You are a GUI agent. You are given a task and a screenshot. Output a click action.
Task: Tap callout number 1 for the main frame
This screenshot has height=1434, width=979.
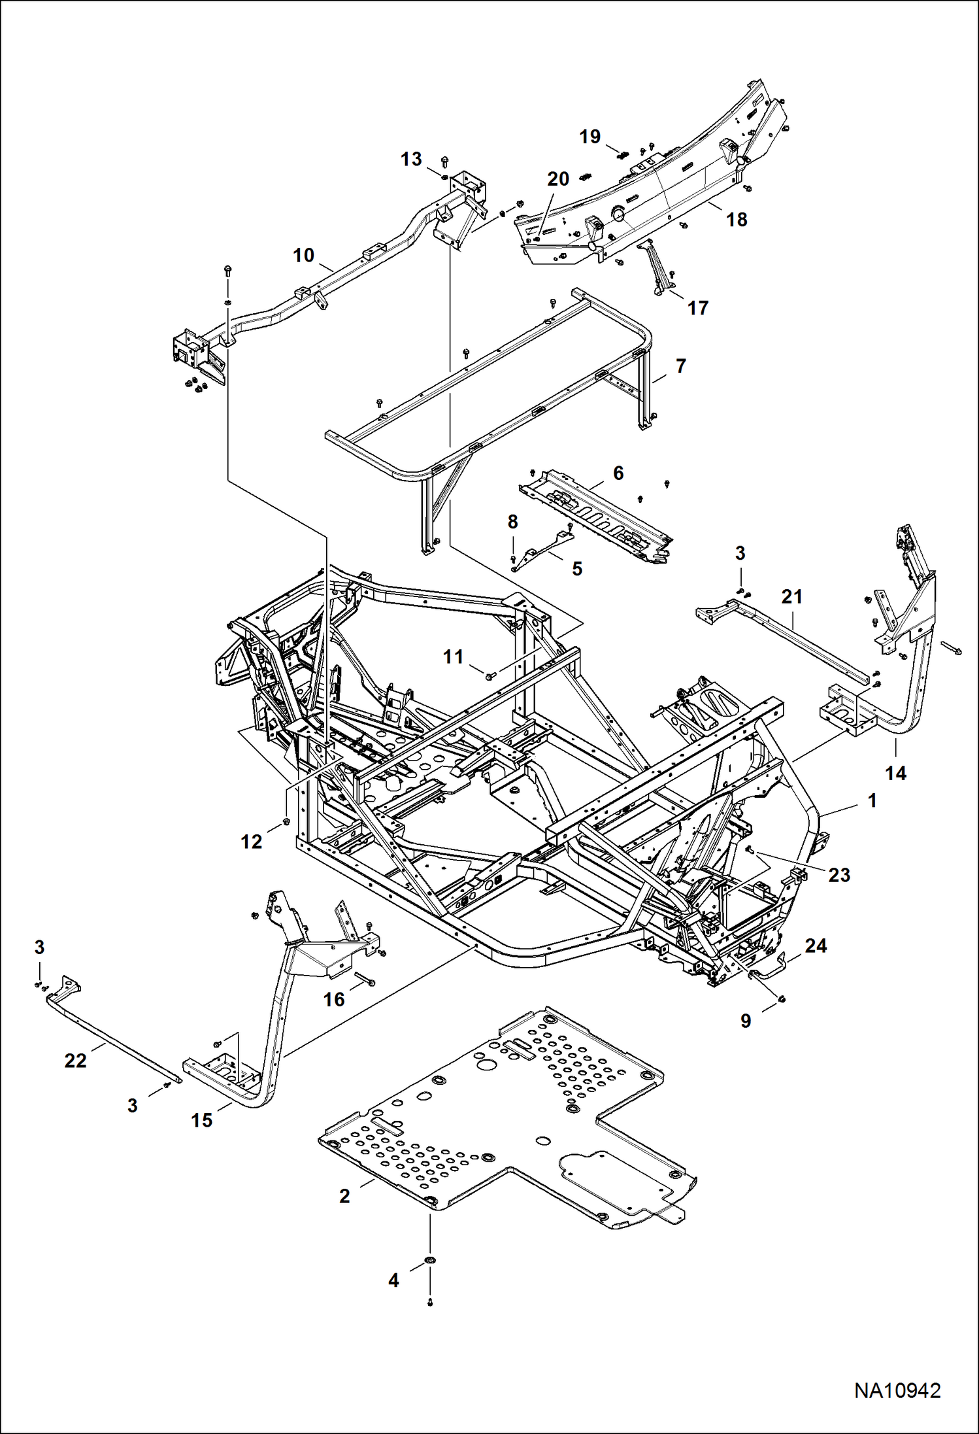pos(872,800)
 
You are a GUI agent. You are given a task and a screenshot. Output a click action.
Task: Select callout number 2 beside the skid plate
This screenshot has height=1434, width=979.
pos(344,1196)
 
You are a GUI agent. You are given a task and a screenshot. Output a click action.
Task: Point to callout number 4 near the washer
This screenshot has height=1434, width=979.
pos(393,1280)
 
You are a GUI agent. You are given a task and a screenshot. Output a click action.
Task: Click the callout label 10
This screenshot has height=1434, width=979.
pos(304,255)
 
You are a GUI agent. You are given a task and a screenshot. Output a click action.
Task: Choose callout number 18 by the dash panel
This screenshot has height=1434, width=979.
pos(737,220)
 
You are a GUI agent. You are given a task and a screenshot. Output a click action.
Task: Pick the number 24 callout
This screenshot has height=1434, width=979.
pos(816,946)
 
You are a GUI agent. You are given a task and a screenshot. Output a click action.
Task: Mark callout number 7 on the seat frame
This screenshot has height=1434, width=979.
pos(681,366)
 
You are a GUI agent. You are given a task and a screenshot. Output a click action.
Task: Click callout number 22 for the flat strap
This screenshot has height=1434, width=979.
pos(75,1061)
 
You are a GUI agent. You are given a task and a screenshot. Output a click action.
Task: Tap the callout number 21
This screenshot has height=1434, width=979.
pos(791,596)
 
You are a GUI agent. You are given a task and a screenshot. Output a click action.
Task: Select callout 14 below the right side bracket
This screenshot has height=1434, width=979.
pos(895,774)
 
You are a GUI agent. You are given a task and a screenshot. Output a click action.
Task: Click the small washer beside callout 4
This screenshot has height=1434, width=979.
pos(430,1260)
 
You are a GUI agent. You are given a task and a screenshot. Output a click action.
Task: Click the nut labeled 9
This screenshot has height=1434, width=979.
pos(782,999)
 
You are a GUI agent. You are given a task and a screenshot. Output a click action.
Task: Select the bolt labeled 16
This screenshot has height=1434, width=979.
pos(365,979)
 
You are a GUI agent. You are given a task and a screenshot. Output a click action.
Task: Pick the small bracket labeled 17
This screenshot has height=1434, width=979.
pos(656,266)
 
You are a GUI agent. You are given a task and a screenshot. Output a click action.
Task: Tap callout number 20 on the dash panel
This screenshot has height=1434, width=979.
pos(558,179)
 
